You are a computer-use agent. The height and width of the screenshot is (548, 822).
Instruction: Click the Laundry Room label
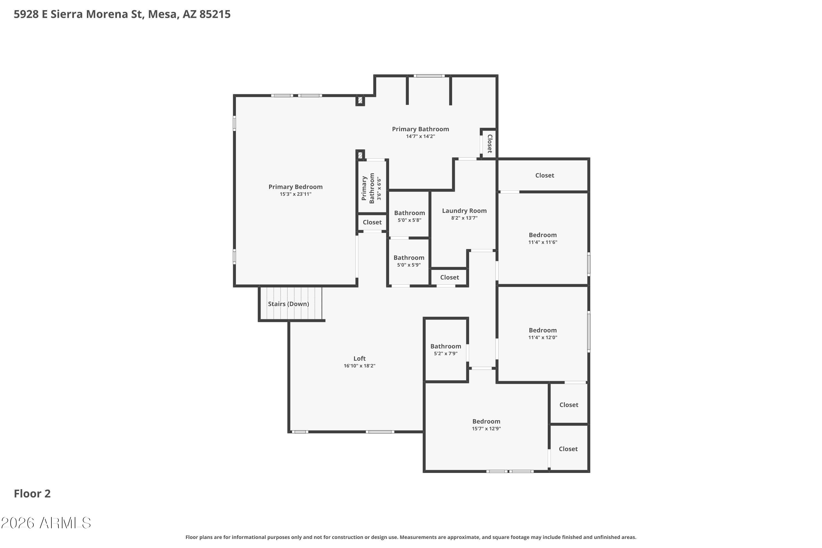(x=464, y=211)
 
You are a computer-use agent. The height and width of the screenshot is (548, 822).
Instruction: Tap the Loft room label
(x=359, y=359)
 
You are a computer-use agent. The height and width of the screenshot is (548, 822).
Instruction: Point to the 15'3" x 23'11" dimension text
(x=295, y=194)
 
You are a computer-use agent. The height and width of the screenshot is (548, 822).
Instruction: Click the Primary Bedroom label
(x=295, y=187)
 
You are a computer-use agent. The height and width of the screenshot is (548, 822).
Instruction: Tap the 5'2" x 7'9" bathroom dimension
(x=446, y=354)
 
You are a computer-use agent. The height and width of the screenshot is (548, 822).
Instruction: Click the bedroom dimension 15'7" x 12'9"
(x=486, y=429)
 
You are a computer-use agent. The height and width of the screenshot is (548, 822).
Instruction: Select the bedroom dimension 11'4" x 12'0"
(x=543, y=338)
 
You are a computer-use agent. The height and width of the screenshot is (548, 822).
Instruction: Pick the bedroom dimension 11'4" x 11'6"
(x=543, y=242)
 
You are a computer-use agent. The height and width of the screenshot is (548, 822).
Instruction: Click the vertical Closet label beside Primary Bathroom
(x=490, y=144)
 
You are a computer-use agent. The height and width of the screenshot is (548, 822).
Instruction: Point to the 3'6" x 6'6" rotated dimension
(x=379, y=189)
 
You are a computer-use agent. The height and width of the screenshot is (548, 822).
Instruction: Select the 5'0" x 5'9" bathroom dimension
(x=409, y=265)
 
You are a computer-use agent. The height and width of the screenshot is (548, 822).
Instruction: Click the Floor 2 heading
(x=32, y=494)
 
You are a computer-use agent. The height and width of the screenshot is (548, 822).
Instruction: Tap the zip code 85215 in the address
(x=215, y=14)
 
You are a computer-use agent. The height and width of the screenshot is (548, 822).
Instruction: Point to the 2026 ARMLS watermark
(x=46, y=523)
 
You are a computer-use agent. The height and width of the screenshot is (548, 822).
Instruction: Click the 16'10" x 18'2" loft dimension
(x=359, y=366)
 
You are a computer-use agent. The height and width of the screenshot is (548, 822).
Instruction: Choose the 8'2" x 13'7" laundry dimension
(x=464, y=218)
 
